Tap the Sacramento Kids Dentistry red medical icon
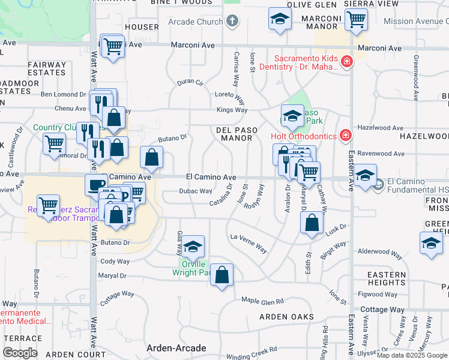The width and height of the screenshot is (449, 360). click(346, 62)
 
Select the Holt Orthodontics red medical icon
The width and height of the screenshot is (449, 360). click(346, 136)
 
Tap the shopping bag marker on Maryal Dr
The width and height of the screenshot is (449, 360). click(222, 275)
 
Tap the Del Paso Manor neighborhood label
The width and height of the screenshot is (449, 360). click(237, 134)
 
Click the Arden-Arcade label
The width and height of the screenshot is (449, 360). click(176, 348)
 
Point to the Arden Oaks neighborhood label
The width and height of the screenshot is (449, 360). click(286, 317)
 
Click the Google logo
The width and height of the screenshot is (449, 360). click(20, 353)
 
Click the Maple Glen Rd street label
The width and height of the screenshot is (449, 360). click(262, 300)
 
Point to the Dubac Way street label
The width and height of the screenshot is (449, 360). click(196, 191)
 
